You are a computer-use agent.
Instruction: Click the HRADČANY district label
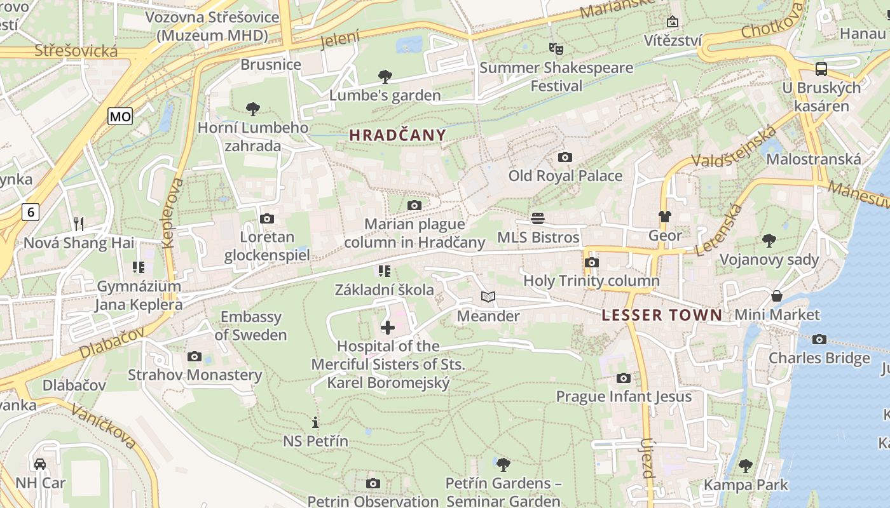tap(397, 135)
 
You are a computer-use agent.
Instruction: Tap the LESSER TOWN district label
tap(662, 315)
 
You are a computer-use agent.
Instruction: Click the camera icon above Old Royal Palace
tap(565, 157)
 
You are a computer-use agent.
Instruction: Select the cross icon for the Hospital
tap(387, 328)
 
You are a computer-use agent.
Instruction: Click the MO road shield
tap(120, 116)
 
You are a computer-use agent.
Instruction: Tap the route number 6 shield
tap(30, 211)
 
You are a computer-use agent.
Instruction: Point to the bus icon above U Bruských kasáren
tap(821, 69)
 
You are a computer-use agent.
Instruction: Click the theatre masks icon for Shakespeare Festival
tap(556, 48)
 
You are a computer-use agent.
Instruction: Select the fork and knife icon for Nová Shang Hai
tap(79, 224)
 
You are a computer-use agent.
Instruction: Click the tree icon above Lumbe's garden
tap(385, 77)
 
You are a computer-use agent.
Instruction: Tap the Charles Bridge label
tap(819, 358)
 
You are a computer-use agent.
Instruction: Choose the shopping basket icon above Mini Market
tap(777, 296)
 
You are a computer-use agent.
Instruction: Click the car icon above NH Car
tap(40, 464)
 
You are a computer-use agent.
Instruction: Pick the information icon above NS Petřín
tap(315, 422)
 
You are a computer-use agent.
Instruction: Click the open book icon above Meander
tap(488, 297)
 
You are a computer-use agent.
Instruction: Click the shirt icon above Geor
tap(665, 217)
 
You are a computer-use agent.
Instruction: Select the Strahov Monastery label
tap(195, 375)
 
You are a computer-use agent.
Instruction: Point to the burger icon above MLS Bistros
tap(538, 218)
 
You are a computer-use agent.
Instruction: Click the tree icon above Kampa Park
tap(745, 466)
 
